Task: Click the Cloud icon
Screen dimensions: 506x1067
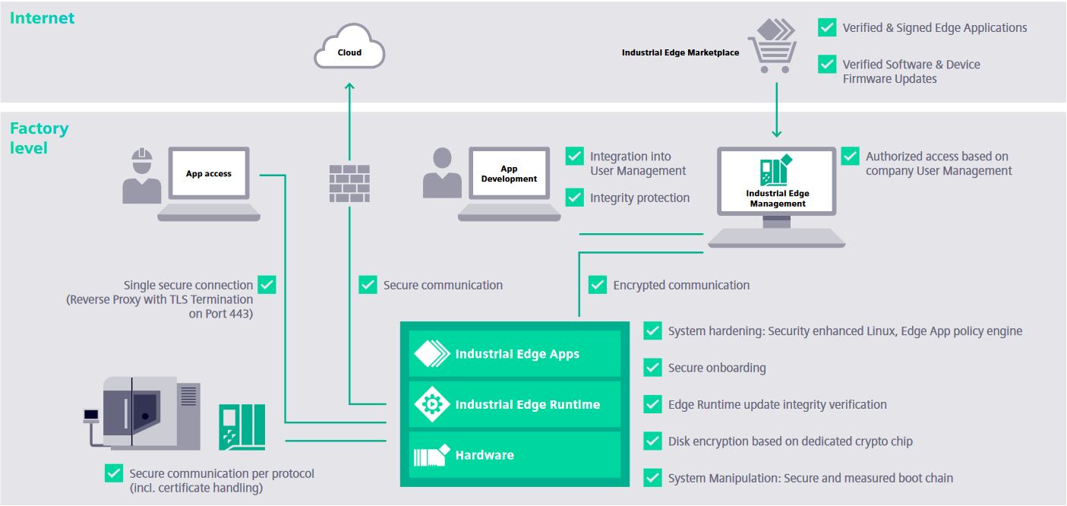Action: (x=350, y=49)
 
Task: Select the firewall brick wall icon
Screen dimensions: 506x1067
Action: (x=349, y=184)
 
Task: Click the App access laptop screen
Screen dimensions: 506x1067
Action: (x=209, y=174)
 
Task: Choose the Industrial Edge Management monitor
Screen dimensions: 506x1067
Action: (x=777, y=182)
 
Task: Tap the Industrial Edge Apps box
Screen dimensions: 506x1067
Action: (x=514, y=354)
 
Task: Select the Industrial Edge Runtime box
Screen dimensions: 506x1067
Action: (x=514, y=404)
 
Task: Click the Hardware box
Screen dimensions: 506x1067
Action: (x=514, y=455)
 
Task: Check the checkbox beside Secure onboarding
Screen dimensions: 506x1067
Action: (x=653, y=368)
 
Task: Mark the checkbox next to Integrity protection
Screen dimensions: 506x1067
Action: (x=575, y=198)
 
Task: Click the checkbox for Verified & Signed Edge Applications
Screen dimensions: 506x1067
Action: (x=827, y=27)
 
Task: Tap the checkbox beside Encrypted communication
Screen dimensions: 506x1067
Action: (x=598, y=285)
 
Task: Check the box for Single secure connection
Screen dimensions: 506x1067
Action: (x=267, y=285)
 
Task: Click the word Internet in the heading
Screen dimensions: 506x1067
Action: (x=42, y=18)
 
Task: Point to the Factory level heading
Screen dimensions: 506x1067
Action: (x=39, y=138)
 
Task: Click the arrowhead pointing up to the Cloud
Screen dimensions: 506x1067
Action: (x=349, y=87)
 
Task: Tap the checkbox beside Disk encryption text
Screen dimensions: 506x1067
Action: (x=653, y=441)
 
